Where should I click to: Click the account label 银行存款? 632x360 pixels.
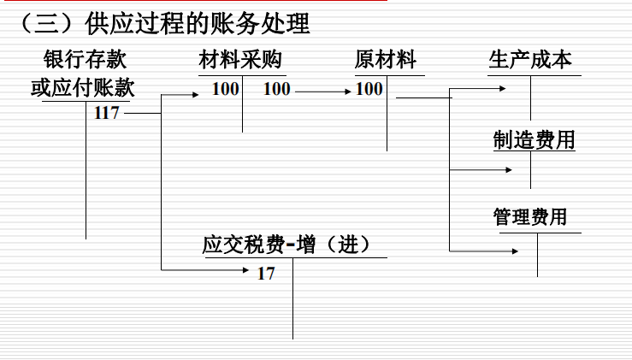[x=86, y=60]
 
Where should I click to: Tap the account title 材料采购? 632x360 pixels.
[x=240, y=60]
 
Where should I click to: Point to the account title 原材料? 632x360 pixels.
[x=386, y=60]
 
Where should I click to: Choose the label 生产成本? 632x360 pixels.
[x=530, y=60]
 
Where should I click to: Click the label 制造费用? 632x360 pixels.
[x=534, y=139]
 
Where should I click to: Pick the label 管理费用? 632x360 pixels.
[x=530, y=216]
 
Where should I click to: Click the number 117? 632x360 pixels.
[x=106, y=113]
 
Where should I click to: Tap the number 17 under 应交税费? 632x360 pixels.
[x=266, y=274]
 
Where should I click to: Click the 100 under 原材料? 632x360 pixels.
[x=369, y=89]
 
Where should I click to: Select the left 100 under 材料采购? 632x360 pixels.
[x=226, y=89]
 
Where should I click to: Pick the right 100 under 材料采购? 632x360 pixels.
[x=276, y=89]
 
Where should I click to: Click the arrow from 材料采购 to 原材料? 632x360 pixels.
[x=322, y=90]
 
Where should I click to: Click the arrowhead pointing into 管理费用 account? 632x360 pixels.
[x=514, y=251]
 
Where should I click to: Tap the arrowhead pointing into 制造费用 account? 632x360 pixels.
[x=509, y=170]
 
